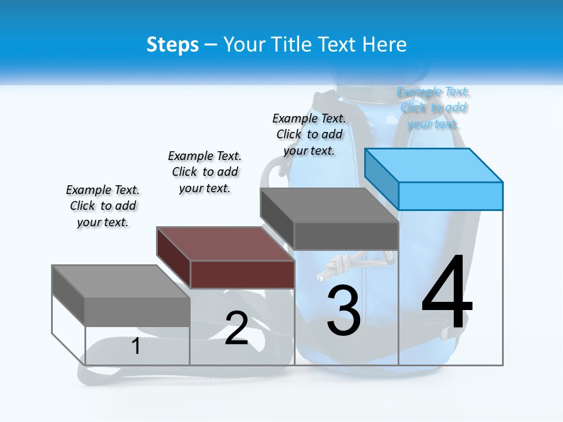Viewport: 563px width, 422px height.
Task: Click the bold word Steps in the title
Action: [x=172, y=45]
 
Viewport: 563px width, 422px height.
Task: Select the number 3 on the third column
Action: [x=344, y=311]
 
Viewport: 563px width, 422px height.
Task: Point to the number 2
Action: [x=236, y=328]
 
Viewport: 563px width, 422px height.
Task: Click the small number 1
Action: [x=136, y=346]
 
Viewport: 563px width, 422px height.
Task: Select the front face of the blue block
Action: [x=450, y=196]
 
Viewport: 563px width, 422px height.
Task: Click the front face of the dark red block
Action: [x=242, y=274]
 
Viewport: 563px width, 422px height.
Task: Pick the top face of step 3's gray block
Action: [x=329, y=205]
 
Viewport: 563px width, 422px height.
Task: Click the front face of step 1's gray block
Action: [x=137, y=311]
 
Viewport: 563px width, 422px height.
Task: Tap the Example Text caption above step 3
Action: [x=309, y=134]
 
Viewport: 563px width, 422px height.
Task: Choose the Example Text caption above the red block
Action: [x=205, y=172]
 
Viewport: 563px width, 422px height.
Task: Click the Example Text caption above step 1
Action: [x=103, y=206]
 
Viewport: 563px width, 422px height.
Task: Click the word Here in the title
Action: [x=385, y=45]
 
